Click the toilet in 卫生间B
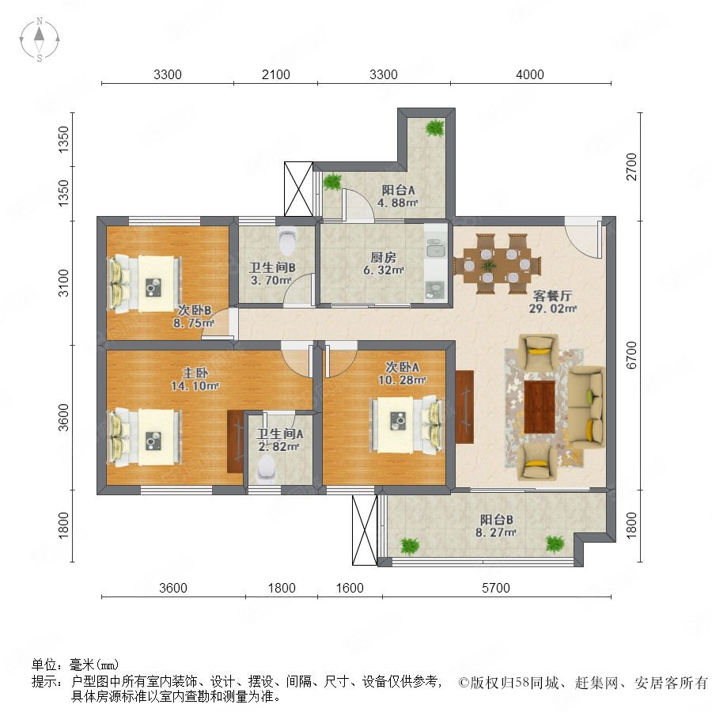tap(287, 238)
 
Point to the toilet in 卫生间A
tap(266, 467)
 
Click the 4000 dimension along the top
tap(529, 75)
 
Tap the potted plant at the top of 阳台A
tap(434, 127)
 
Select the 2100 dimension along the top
tap(275, 75)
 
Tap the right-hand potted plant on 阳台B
tap(554, 543)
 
